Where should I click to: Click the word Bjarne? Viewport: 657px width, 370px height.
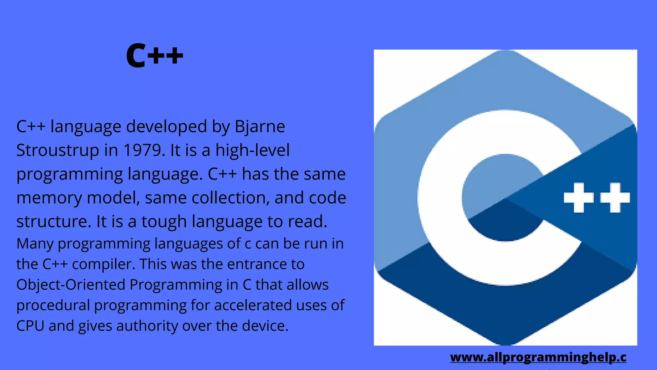pos(260,127)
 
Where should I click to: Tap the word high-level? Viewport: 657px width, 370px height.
pos(252,150)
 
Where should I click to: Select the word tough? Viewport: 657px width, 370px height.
pos(164,222)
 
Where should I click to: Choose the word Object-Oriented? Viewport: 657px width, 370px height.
pos(71,285)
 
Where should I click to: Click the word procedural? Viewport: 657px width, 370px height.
pos(53,305)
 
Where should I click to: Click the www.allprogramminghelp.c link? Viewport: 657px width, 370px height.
pos(538,357)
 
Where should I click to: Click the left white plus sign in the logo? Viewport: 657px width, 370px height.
pos(578,198)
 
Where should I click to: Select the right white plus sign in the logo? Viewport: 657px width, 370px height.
pos(615,198)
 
